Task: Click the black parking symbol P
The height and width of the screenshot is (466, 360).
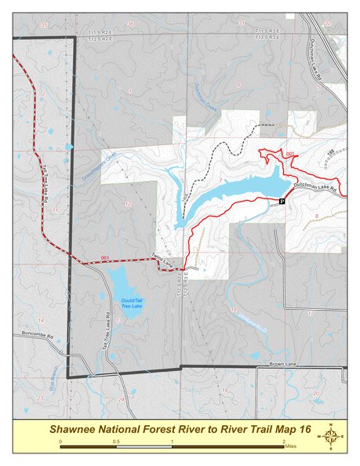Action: click(281, 201)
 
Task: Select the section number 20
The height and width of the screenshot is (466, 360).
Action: click(316, 393)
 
